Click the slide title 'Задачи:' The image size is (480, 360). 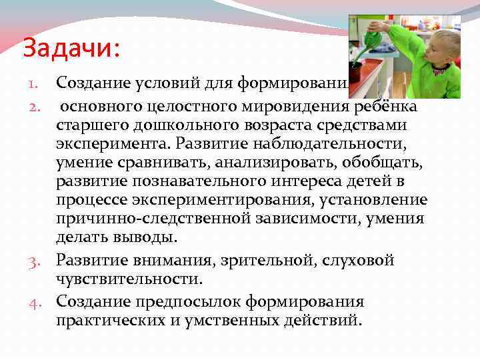point(71,47)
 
